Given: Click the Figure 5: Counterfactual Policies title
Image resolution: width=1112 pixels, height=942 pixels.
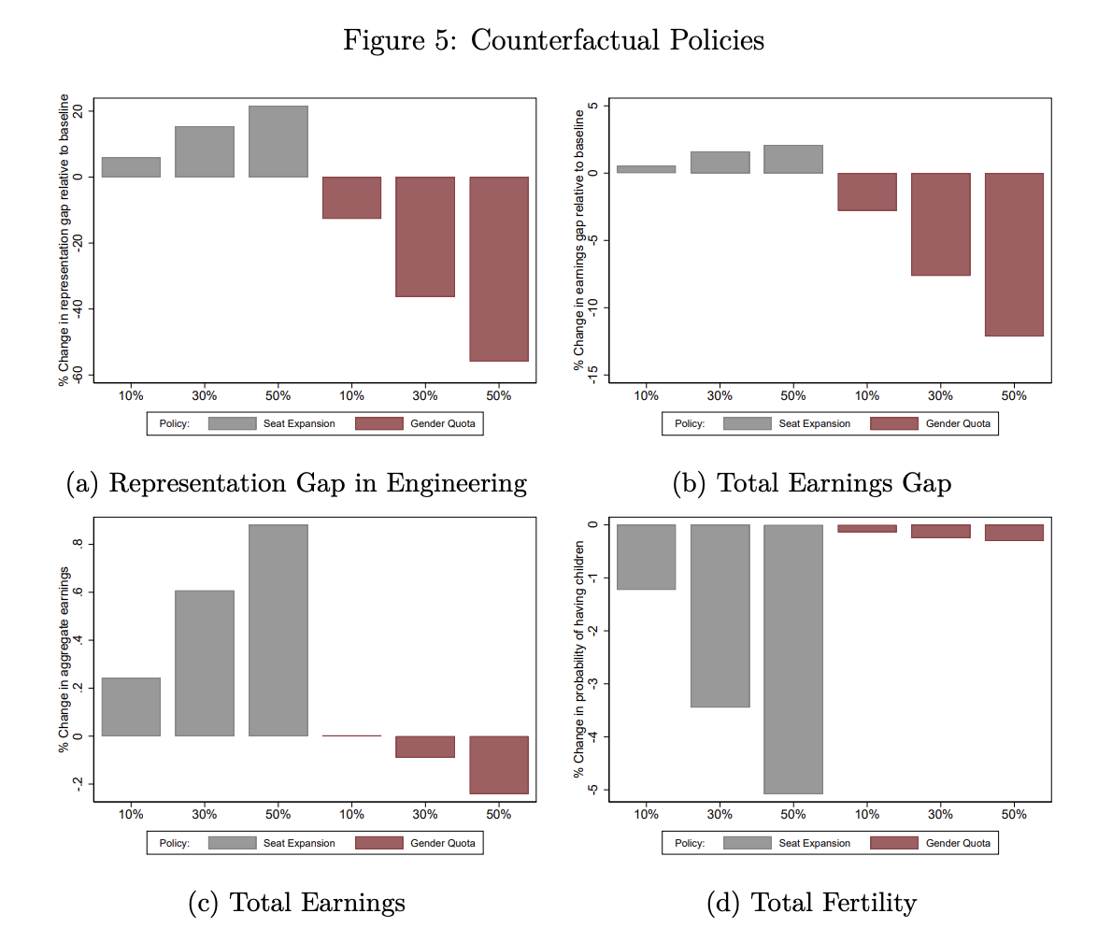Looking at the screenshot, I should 553,41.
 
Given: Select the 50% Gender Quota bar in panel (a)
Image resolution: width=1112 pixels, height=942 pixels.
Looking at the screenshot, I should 499,268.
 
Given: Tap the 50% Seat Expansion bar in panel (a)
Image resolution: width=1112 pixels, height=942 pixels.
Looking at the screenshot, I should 278,141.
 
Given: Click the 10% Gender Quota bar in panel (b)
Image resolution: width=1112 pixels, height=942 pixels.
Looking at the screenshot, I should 866,192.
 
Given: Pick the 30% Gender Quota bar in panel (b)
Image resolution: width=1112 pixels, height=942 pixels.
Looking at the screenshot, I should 940,224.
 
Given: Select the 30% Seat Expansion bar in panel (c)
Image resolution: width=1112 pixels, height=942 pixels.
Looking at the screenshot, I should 205,663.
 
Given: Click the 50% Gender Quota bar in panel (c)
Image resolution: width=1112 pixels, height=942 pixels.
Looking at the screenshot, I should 499,764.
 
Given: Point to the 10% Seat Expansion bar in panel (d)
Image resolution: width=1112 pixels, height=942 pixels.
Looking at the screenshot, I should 646,557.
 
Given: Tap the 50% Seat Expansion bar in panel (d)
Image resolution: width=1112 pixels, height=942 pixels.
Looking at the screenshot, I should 793,659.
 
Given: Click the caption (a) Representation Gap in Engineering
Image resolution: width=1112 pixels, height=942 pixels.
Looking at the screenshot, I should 297,483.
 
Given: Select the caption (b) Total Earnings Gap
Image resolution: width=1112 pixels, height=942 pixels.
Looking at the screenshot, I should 811,483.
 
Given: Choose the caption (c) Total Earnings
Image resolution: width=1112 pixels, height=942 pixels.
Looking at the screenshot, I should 297,902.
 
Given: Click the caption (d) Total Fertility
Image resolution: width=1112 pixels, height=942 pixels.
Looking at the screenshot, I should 811,902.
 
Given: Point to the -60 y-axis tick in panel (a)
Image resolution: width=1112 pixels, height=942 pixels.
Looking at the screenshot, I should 79,374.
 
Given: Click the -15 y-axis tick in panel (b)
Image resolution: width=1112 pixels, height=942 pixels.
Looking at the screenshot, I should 592,375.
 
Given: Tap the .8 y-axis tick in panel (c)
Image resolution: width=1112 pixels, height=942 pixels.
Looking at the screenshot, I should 79,544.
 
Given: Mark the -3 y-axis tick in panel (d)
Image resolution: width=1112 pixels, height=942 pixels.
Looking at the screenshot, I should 592,684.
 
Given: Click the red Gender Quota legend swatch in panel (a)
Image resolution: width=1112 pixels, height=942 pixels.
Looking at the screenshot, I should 379,423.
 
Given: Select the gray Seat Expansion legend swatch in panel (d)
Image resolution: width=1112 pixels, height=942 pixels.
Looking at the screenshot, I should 747,843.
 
